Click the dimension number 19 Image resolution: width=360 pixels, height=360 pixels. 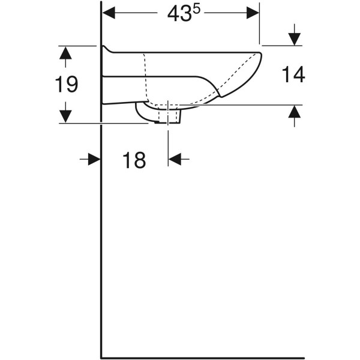tap(67, 85)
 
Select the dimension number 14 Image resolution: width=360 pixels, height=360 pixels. tap(293, 74)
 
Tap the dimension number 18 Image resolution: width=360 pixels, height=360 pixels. tap(134, 160)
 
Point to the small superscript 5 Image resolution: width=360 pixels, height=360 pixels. tap(197, 10)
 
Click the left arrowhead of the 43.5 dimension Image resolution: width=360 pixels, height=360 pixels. tap(109, 13)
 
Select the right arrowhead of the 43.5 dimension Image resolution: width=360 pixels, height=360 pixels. tap(253, 13)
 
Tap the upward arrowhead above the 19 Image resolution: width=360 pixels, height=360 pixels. tap(65, 53)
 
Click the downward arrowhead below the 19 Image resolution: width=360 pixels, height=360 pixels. tap(65, 116)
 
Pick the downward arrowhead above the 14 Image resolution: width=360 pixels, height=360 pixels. tap(295, 39)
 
